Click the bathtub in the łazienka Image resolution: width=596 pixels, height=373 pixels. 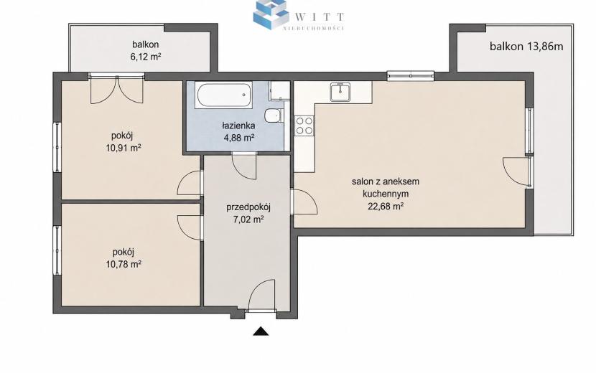[223, 95]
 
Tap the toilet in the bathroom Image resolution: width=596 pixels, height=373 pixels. [274, 116]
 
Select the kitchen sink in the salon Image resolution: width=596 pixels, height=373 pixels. [340, 92]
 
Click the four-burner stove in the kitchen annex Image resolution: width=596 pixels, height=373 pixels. [304, 126]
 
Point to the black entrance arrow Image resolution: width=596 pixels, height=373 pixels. [261, 331]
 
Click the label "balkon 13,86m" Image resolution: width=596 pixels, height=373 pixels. [526, 47]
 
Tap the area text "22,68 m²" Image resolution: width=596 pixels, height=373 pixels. [386, 207]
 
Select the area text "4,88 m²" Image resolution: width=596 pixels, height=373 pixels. [238, 138]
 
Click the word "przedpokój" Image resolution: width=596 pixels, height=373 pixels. [248, 207]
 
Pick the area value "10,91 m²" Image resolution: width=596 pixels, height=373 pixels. [124, 148]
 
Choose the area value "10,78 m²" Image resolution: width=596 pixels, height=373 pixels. [124, 263]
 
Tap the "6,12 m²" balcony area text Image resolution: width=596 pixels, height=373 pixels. [146, 57]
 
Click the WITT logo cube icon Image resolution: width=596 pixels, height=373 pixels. [271, 14]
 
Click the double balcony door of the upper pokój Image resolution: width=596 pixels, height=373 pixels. [117, 89]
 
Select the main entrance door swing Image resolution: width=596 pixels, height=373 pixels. [261, 296]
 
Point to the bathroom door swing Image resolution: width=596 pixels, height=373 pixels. [244, 166]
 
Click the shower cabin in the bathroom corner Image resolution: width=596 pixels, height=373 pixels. [279, 90]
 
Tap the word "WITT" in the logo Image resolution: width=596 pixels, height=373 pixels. [320, 16]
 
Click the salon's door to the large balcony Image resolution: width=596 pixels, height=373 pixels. [517, 172]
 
